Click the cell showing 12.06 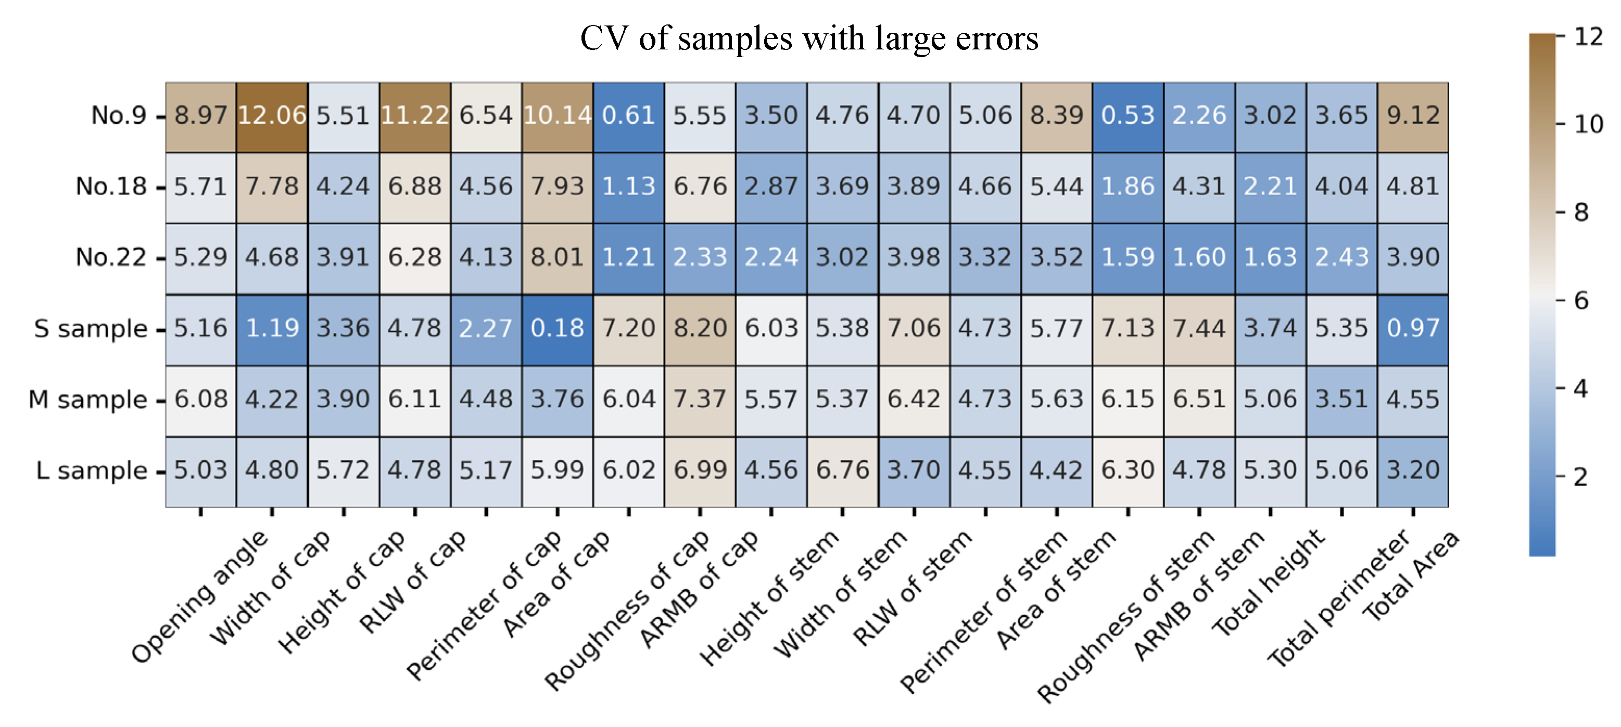272,116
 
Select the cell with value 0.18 557,329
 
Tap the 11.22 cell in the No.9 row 415,116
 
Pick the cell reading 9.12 1413,116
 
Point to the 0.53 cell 1128,116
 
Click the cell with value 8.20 700,329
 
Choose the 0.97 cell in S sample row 1413,329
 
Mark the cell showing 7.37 700,400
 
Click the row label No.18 111,187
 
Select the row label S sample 91,329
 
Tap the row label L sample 92,471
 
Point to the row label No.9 118,116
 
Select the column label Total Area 1411,576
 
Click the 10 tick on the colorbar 1588,124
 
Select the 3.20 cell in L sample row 1413,471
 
